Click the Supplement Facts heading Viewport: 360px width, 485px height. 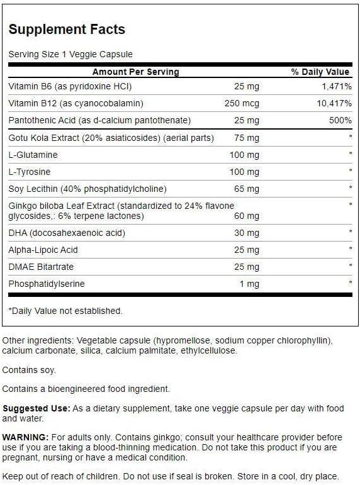(x=67, y=29)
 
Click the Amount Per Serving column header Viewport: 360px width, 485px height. (x=135, y=72)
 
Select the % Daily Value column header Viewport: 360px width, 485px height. (x=320, y=72)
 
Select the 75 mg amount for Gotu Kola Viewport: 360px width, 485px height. (x=245, y=138)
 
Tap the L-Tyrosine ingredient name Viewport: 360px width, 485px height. (x=30, y=172)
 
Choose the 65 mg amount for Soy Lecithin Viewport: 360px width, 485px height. (x=245, y=188)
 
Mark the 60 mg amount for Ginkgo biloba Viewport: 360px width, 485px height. (x=245, y=216)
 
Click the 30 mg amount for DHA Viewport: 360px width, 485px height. (x=245, y=233)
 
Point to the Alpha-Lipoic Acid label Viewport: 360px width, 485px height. (x=43, y=250)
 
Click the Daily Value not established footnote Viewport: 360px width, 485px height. (x=65, y=311)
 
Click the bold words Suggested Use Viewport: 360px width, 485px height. (x=36, y=408)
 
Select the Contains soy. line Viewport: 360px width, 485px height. (x=29, y=370)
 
